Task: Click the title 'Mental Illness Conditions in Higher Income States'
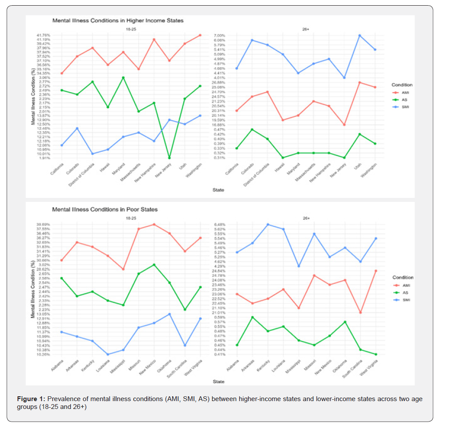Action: (118, 20)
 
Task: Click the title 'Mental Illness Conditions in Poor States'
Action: (105, 209)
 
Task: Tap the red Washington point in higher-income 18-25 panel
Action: (200, 35)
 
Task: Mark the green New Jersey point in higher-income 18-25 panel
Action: (169, 158)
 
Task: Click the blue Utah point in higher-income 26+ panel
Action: (360, 35)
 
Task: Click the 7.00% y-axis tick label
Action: (219, 35)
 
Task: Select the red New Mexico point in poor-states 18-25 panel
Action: (154, 225)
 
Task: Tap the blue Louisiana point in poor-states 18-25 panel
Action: (108, 354)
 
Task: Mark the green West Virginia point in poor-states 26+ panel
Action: (375, 354)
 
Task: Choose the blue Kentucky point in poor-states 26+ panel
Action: (268, 225)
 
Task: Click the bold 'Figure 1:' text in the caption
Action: (31, 399)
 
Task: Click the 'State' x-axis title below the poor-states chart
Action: (218, 382)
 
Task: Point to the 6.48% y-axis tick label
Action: (219, 225)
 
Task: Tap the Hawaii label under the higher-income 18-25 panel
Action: (103, 168)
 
